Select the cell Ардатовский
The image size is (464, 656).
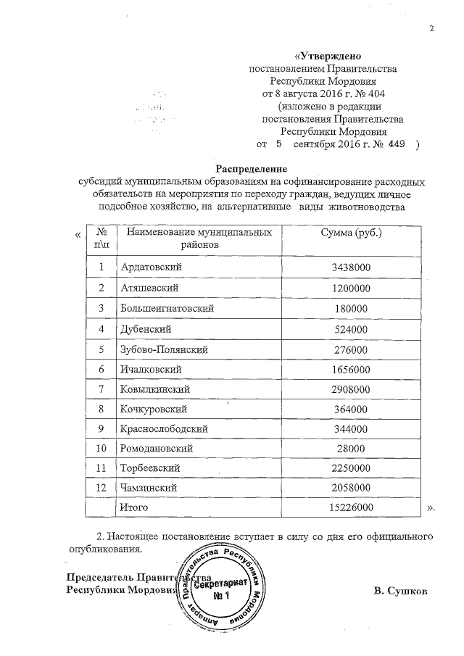click(x=151, y=267)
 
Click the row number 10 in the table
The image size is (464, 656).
click(x=101, y=449)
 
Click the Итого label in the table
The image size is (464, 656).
click(x=133, y=508)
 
